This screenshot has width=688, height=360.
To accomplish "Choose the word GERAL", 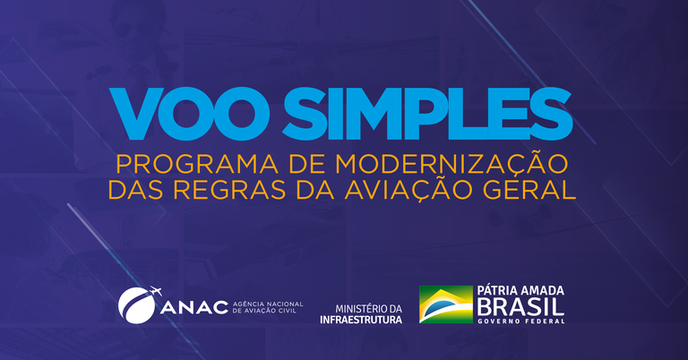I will tap(532, 190).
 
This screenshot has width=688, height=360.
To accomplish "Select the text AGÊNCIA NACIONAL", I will tap(268, 304).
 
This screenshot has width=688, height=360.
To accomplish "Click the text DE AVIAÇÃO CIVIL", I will tap(264, 313).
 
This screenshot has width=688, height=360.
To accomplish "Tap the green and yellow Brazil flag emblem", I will tap(445, 305).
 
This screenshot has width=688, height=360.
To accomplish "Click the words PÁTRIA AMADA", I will tap(522, 292).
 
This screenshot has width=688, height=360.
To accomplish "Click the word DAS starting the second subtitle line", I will tap(133, 190).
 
